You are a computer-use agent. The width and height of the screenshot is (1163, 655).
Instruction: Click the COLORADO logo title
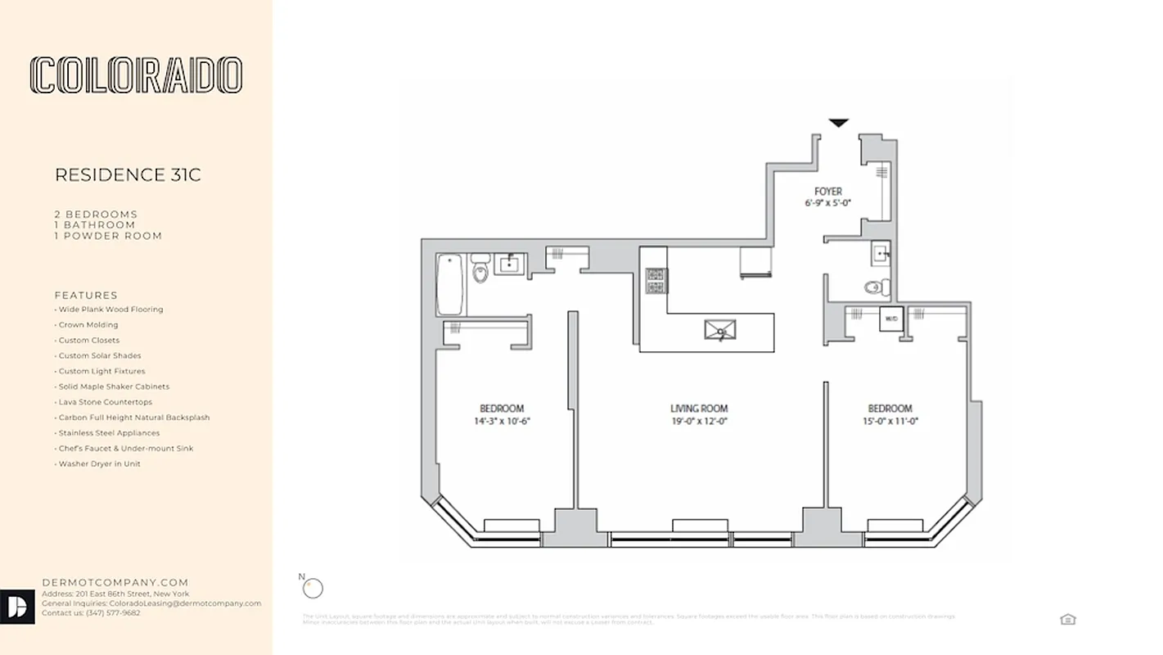coord(136,75)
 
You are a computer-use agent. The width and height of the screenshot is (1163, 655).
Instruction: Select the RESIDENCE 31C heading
coord(128,175)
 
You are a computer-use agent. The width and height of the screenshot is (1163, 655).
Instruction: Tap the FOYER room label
coord(827,192)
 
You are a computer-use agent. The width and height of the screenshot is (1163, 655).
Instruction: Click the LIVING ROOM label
coord(698,409)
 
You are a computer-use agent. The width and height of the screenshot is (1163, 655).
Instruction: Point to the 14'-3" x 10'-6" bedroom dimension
coord(501,422)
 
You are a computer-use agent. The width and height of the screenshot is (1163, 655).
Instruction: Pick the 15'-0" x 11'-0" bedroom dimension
coord(890,422)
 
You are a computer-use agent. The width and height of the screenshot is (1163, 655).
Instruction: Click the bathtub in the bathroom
coord(449,284)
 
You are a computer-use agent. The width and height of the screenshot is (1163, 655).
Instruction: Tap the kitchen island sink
coord(720,330)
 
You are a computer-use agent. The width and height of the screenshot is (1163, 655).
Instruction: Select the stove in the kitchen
coord(656,280)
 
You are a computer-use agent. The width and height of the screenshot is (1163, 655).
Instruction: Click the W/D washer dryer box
coord(891,318)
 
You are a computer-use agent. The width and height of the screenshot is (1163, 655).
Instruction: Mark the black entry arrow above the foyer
coord(838,124)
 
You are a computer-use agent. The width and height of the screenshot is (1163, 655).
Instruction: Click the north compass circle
coord(313,588)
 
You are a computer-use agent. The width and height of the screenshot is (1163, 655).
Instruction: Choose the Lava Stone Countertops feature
coord(105,402)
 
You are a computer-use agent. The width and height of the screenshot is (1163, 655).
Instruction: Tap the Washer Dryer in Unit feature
coord(99,464)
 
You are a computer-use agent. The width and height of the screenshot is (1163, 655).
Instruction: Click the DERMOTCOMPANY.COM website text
coord(115,583)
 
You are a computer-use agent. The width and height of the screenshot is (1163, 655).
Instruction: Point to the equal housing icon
coord(1067,619)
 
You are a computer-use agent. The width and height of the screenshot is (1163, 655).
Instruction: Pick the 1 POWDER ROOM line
coord(108,236)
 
